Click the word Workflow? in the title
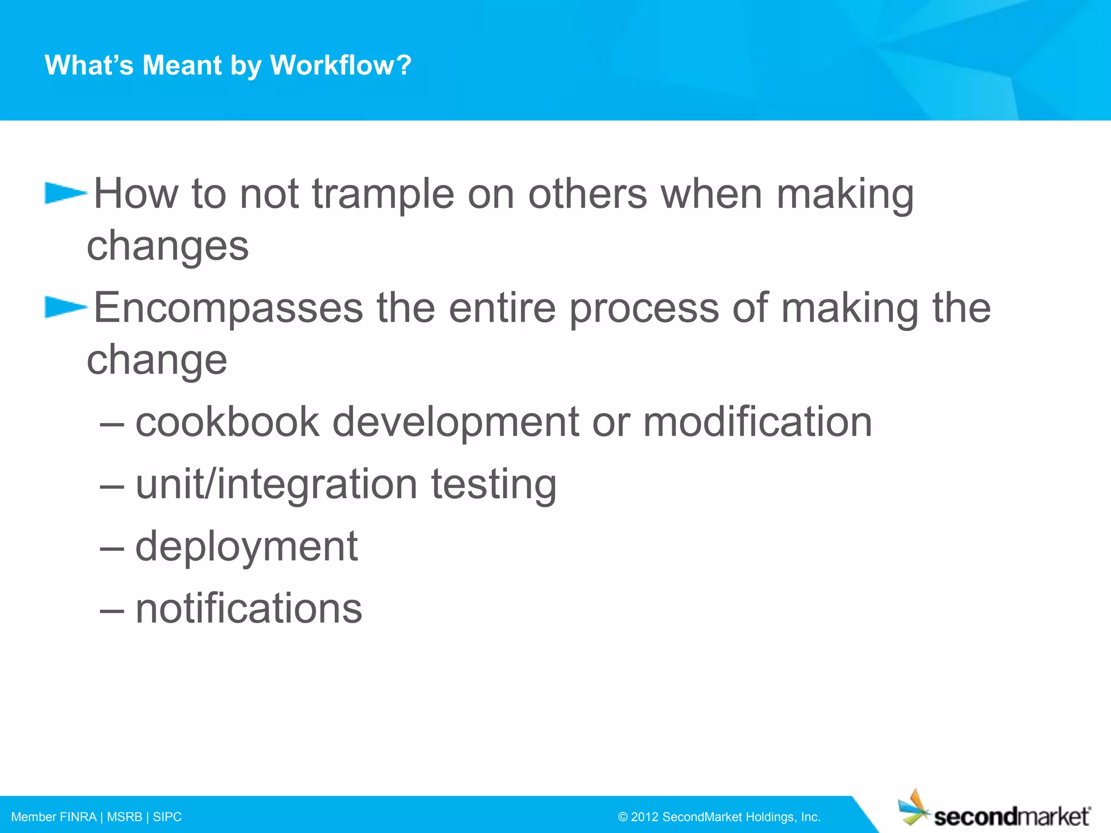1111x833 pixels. pos(341,65)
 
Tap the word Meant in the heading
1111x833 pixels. pos(182,65)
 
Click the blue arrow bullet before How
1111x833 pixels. pos(65,193)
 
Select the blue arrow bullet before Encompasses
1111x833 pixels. pos(65,307)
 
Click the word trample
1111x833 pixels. pos(383,194)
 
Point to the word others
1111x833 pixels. pos(588,194)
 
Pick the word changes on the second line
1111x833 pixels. pos(168,246)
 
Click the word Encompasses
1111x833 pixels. pos(228,309)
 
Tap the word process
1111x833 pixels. pos(644,309)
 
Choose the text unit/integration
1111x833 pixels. pos(276,484)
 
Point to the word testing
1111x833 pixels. pos(494,484)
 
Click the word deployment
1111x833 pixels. pos(246,547)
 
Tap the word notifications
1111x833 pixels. pos(248,608)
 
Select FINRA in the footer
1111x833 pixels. pos(78,817)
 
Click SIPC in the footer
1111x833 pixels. pos(167,817)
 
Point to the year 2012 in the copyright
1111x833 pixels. pos(644,817)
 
